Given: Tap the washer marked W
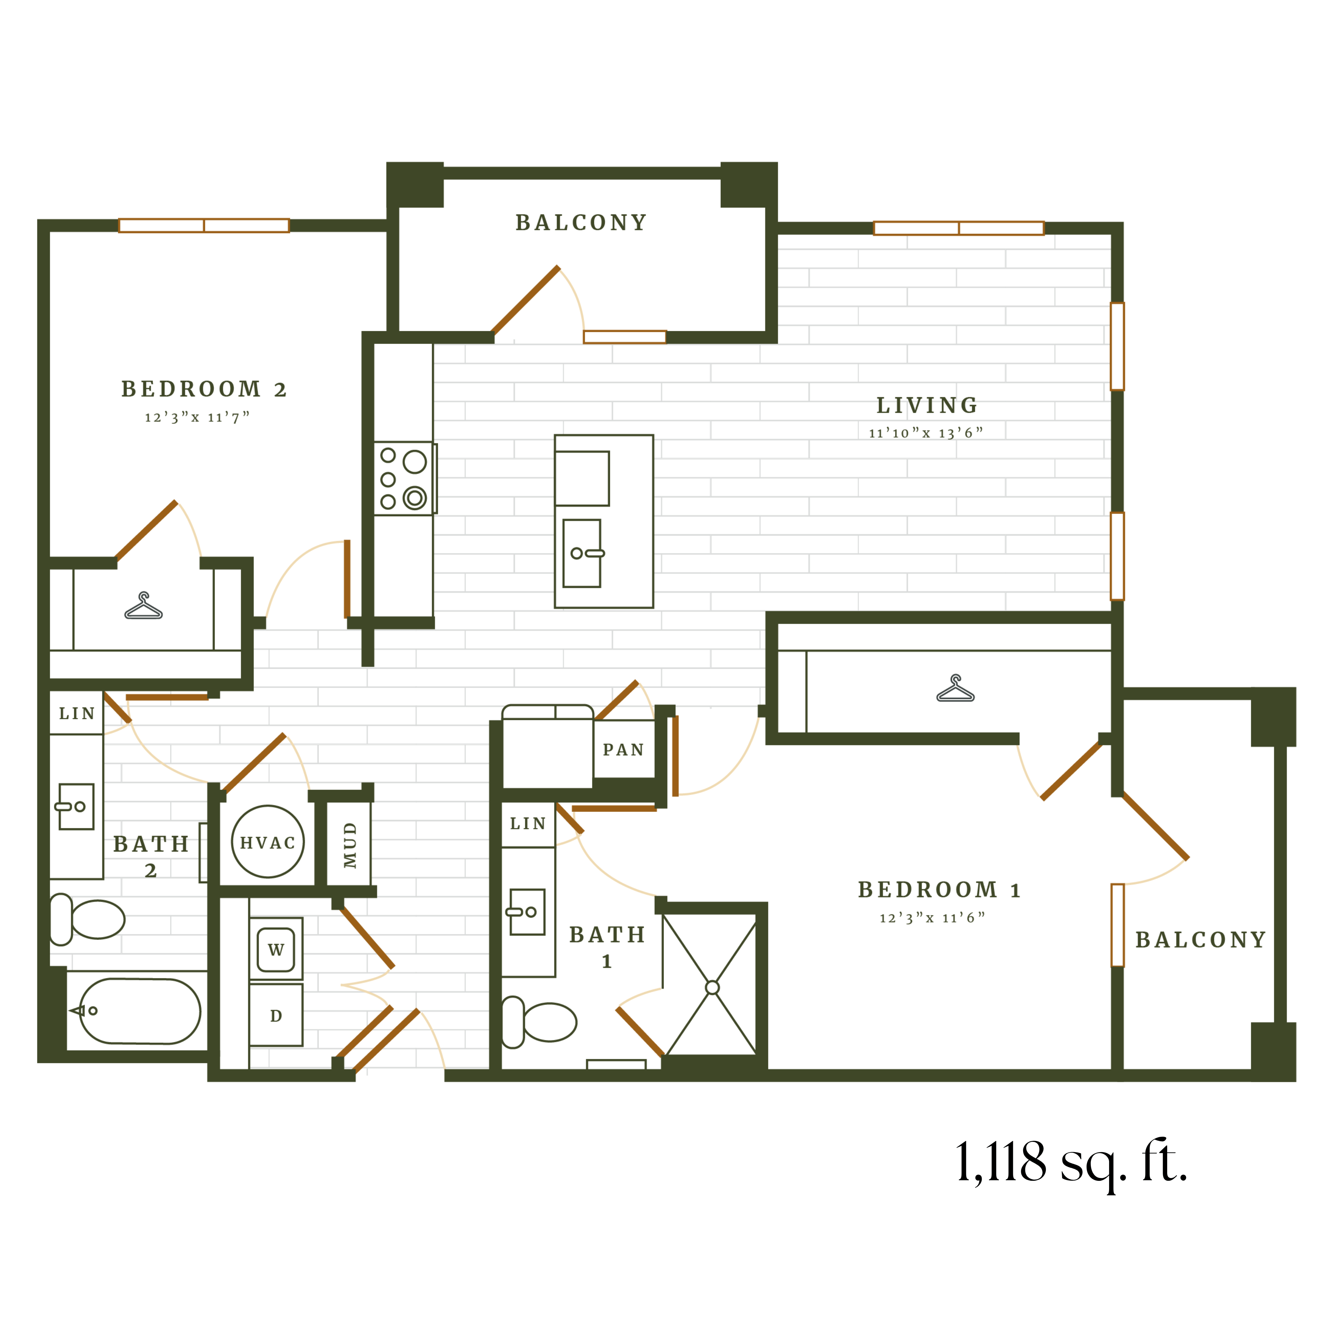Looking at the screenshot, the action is [276, 949].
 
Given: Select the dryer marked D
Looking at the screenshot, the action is [276, 1015].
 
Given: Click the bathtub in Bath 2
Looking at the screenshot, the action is [140, 1011].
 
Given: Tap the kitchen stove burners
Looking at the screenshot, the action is [404, 478].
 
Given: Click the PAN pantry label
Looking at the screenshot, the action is [623, 750].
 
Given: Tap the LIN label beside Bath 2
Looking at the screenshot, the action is [76, 713].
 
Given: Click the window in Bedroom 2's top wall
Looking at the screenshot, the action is [204, 225].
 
